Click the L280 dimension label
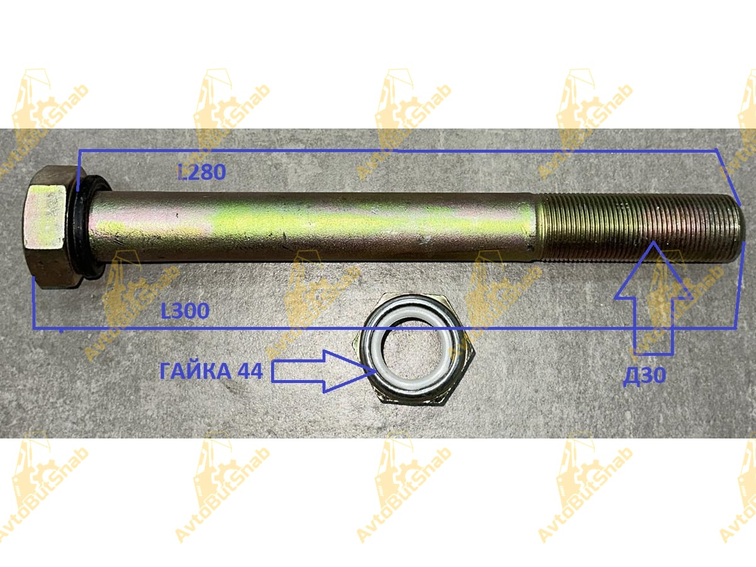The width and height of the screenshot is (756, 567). [x=202, y=172]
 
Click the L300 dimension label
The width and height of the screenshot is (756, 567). [x=185, y=311]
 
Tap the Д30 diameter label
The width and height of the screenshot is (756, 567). [x=644, y=376]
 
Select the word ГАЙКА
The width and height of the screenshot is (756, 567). [x=196, y=372]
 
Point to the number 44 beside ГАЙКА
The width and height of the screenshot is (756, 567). [x=250, y=372]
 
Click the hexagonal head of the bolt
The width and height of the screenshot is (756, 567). [x=52, y=227]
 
